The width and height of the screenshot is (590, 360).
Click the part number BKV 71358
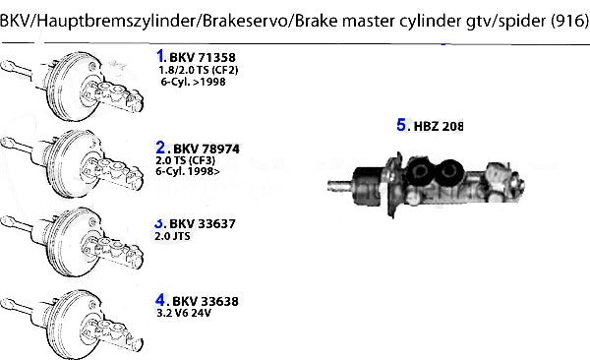pyautogui.click(x=203, y=58)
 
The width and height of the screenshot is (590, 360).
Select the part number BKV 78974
pyautogui.click(x=206, y=150)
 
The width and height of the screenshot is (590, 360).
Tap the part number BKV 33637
pyautogui.click(x=203, y=223)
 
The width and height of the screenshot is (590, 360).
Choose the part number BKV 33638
pyautogui.click(x=206, y=301)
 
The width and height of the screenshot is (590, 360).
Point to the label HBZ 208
pyautogui.click(x=439, y=126)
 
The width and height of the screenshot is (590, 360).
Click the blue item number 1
pyautogui.click(x=160, y=56)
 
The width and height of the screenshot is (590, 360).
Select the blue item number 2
pyautogui.click(x=160, y=148)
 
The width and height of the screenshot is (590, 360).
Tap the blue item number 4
pyautogui.click(x=160, y=300)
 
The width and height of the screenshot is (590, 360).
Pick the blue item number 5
pyautogui.click(x=401, y=125)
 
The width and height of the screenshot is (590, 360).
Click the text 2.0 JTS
pyautogui.click(x=172, y=236)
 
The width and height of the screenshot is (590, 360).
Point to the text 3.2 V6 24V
pyautogui.click(x=184, y=313)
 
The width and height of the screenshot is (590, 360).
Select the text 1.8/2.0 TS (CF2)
pyautogui.click(x=199, y=70)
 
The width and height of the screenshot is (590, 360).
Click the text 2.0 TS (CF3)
pyautogui.click(x=186, y=160)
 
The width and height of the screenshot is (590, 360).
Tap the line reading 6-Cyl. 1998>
pyautogui.click(x=188, y=171)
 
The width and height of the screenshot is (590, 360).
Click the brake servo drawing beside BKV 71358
pyautogui.click(x=72, y=86)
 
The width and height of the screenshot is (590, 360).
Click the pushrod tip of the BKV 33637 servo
pyautogui.click(x=7, y=221)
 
